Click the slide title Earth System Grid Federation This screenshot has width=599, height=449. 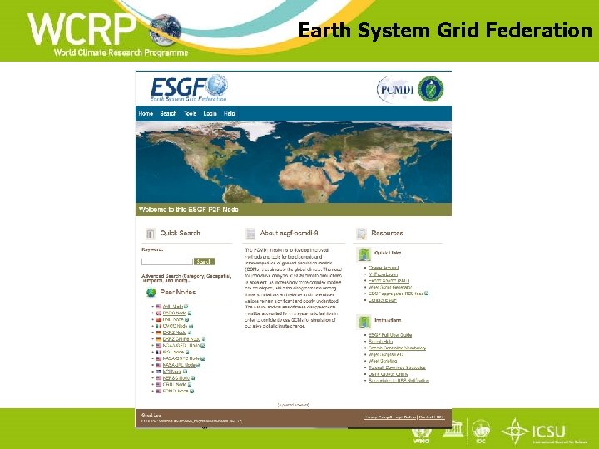(445, 31)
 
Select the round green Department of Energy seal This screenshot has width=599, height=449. (431, 88)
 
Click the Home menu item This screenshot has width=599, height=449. (146, 114)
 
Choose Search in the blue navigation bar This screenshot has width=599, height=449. (168, 114)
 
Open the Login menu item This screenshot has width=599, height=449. (210, 114)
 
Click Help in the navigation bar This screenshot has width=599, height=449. (230, 114)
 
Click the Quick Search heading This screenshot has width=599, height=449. (180, 234)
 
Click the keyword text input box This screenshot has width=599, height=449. (166, 260)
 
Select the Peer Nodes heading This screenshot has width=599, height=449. (177, 293)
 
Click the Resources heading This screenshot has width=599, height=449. (387, 234)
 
